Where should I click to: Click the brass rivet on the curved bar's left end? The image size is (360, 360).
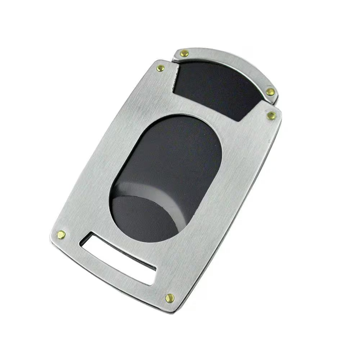pyautogui.click(x=184, y=54)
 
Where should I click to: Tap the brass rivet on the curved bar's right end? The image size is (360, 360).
pyautogui.click(x=270, y=92)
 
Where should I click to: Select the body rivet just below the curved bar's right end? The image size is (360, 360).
pyautogui.click(x=271, y=116)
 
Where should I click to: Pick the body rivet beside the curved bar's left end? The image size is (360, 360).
pyautogui.click(x=161, y=68)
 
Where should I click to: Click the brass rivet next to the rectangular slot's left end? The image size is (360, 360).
pyautogui.click(x=61, y=235)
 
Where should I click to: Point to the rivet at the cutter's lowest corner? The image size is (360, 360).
pyautogui.click(x=170, y=298)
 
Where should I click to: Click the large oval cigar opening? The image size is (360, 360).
pyautogui.click(x=166, y=176)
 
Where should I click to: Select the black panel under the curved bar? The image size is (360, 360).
pyautogui.click(x=216, y=88)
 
